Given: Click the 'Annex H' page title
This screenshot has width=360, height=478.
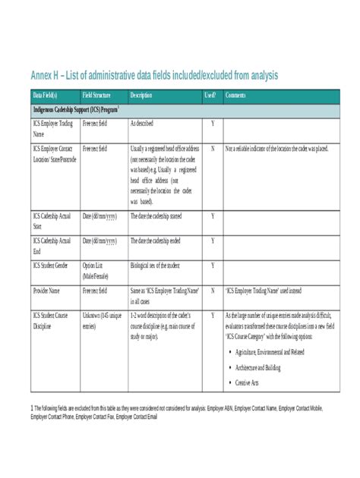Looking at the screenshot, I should point(154,75).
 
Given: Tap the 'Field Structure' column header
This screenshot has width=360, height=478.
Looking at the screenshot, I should point(96,96).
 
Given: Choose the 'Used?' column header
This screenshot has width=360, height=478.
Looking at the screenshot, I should point(210,96).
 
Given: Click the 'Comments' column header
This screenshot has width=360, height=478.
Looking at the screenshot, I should point(235,96).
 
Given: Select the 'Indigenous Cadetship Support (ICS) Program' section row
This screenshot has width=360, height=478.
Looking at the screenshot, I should point(78,109).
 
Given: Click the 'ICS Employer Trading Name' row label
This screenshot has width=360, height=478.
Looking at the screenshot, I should point(48,128).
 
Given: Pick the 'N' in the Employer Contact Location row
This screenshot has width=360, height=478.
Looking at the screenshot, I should point(212,149).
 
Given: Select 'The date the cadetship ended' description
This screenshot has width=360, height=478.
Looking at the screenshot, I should point(161,241).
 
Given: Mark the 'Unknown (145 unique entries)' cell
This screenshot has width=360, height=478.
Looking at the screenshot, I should point(100,320).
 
